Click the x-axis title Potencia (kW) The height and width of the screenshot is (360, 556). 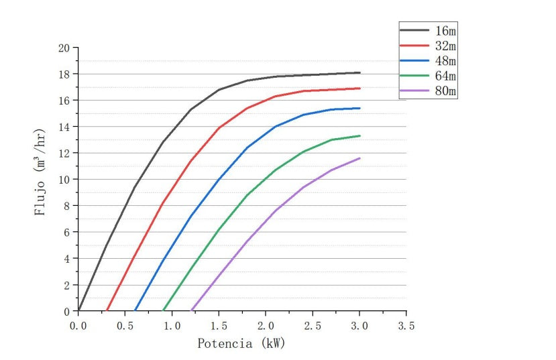[241, 343]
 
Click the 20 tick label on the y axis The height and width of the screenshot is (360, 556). [64, 48]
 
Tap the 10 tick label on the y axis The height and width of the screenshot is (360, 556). [64, 180]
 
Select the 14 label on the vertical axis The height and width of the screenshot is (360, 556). [64, 127]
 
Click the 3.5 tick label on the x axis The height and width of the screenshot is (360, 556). [406, 325]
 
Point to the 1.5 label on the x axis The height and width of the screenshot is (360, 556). [219, 325]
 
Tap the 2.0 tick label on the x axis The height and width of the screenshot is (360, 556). [266, 325]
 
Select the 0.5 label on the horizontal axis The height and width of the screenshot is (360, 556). [125, 325]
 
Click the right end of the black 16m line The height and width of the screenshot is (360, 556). [359, 72]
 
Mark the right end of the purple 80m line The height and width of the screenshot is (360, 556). [359, 158]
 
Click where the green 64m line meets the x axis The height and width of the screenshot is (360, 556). [163, 310]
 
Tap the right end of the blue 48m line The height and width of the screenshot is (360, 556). [359, 108]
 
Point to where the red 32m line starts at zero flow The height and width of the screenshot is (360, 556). [107, 310]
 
